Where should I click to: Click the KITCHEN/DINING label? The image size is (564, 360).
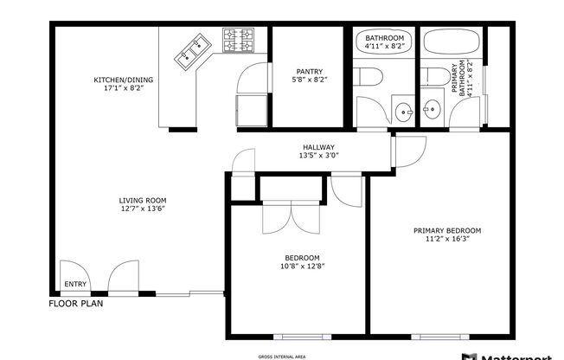(125, 81)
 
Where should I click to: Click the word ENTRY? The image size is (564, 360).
(75, 284)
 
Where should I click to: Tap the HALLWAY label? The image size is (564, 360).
(318, 147)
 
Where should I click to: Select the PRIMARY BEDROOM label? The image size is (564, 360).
(446, 230)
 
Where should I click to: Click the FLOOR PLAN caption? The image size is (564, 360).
(75, 305)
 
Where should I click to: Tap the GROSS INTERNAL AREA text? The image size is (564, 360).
(281, 356)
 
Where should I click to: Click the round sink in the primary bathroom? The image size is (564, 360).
(431, 110)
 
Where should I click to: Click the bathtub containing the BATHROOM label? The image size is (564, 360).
(384, 43)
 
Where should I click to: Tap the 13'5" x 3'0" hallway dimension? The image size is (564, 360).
(318, 156)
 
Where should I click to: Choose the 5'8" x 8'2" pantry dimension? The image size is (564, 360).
(308, 80)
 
